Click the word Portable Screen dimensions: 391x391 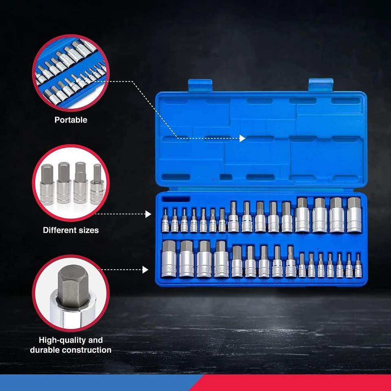(71, 120)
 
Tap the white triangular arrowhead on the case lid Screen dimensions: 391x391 (242, 138)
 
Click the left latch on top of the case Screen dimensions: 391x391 (200, 86)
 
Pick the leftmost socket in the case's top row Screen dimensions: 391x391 (165, 220)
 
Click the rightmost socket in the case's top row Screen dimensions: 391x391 (354, 215)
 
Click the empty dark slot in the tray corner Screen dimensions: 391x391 (176, 199)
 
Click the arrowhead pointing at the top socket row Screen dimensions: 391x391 (148, 214)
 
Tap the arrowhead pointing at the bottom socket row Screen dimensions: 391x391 (145, 269)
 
